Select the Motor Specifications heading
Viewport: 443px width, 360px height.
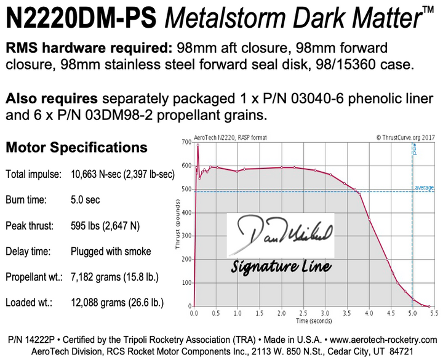(76, 148)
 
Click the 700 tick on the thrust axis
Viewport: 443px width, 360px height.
(186, 142)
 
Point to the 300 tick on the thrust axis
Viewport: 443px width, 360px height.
(186, 236)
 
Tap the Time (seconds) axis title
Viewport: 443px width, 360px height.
(314, 320)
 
